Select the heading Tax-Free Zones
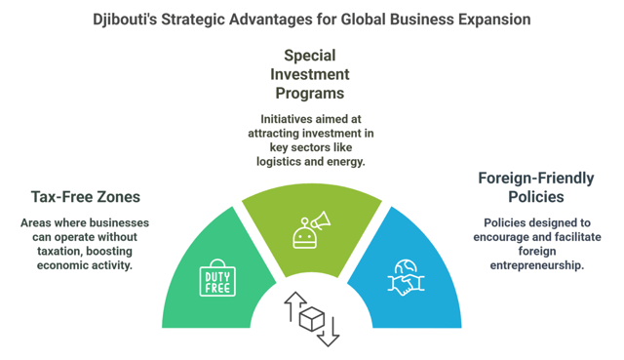(85, 197)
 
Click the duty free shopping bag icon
(218, 277)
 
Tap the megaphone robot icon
(310, 229)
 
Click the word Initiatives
(276, 120)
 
